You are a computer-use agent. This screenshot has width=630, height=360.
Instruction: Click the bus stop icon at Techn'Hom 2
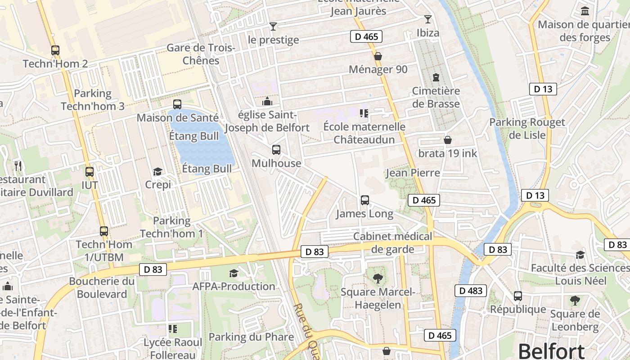pyautogui.click(x=55, y=50)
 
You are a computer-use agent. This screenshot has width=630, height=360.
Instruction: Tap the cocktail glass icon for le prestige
pyautogui.click(x=273, y=27)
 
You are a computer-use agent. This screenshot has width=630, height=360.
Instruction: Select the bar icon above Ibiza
pyautogui.click(x=427, y=19)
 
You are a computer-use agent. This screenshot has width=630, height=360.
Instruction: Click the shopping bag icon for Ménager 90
pyautogui.click(x=378, y=56)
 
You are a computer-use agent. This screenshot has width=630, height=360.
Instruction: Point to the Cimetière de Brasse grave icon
pyautogui.click(x=436, y=77)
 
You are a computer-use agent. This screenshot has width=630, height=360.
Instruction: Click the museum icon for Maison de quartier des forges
pyautogui.click(x=585, y=11)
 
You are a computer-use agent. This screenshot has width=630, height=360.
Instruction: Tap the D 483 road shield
pyautogui.click(x=471, y=291)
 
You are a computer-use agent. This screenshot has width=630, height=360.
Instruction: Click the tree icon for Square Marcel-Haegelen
pyautogui.click(x=378, y=278)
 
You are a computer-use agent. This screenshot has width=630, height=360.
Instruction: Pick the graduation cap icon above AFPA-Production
pyautogui.click(x=234, y=273)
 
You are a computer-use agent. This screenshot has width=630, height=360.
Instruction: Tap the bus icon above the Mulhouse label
pyautogui.click(x=276, y=150)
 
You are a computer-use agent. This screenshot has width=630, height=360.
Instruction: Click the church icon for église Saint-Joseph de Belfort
pyautogui.click(x=267, y=101)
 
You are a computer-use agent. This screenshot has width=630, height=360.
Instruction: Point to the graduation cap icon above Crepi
pyautogui.click(x=157, y=171)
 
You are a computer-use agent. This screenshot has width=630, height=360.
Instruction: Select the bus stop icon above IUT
pyautogui.click(x=90, y=171)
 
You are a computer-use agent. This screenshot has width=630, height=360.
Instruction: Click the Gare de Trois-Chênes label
pyautogui.click(x=201, y=54)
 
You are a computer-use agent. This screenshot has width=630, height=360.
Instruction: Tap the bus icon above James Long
pyautogui.click(x=365, y=200)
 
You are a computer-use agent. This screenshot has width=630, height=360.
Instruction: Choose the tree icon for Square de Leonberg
pyautogui.click(x=575, y=300)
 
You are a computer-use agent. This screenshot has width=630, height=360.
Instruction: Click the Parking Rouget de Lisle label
pyautogui.click(x=527, y=128)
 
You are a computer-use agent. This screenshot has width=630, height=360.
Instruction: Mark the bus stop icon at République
pyautogui.click(x=518, y=296)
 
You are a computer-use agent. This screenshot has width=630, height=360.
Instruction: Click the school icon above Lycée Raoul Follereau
pyautogui.click(x=173, y=329)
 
